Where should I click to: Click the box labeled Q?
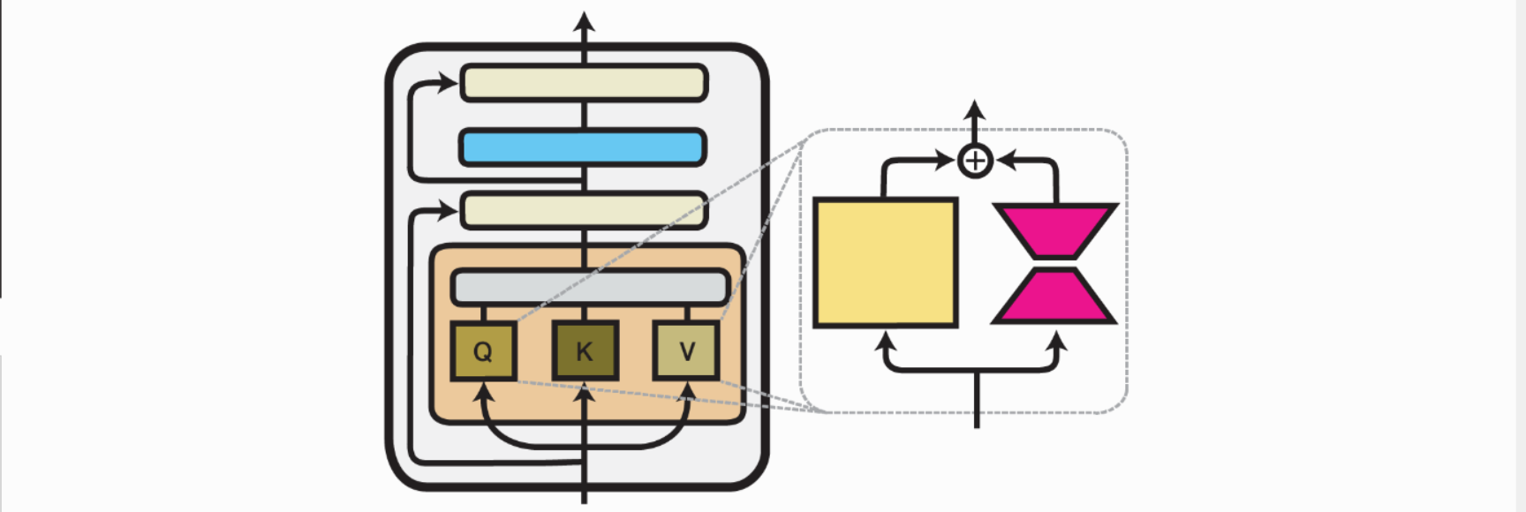[483, 351]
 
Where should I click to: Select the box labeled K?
[585, 351]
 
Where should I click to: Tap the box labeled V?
[686, 351]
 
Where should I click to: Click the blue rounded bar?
[583, 147]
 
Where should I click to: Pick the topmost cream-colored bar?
[583, 83]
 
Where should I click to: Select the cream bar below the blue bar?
[583, 211]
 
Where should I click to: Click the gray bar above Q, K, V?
[590, 288]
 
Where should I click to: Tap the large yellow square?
[885, 262]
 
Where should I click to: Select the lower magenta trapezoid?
[1054, 297]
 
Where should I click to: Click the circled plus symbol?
[975, 162]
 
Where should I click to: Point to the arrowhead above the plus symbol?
[974, 109]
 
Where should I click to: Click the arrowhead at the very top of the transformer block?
[584, 21]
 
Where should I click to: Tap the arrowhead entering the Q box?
[483, 390]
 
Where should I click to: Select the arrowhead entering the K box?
[584, 390]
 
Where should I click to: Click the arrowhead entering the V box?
[687, 390]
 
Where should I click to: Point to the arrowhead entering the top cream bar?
[449, 83]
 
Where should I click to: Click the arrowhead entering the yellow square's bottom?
[885, 340]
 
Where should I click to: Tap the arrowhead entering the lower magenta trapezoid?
[1055, 340]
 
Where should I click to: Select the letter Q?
[483, 351]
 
